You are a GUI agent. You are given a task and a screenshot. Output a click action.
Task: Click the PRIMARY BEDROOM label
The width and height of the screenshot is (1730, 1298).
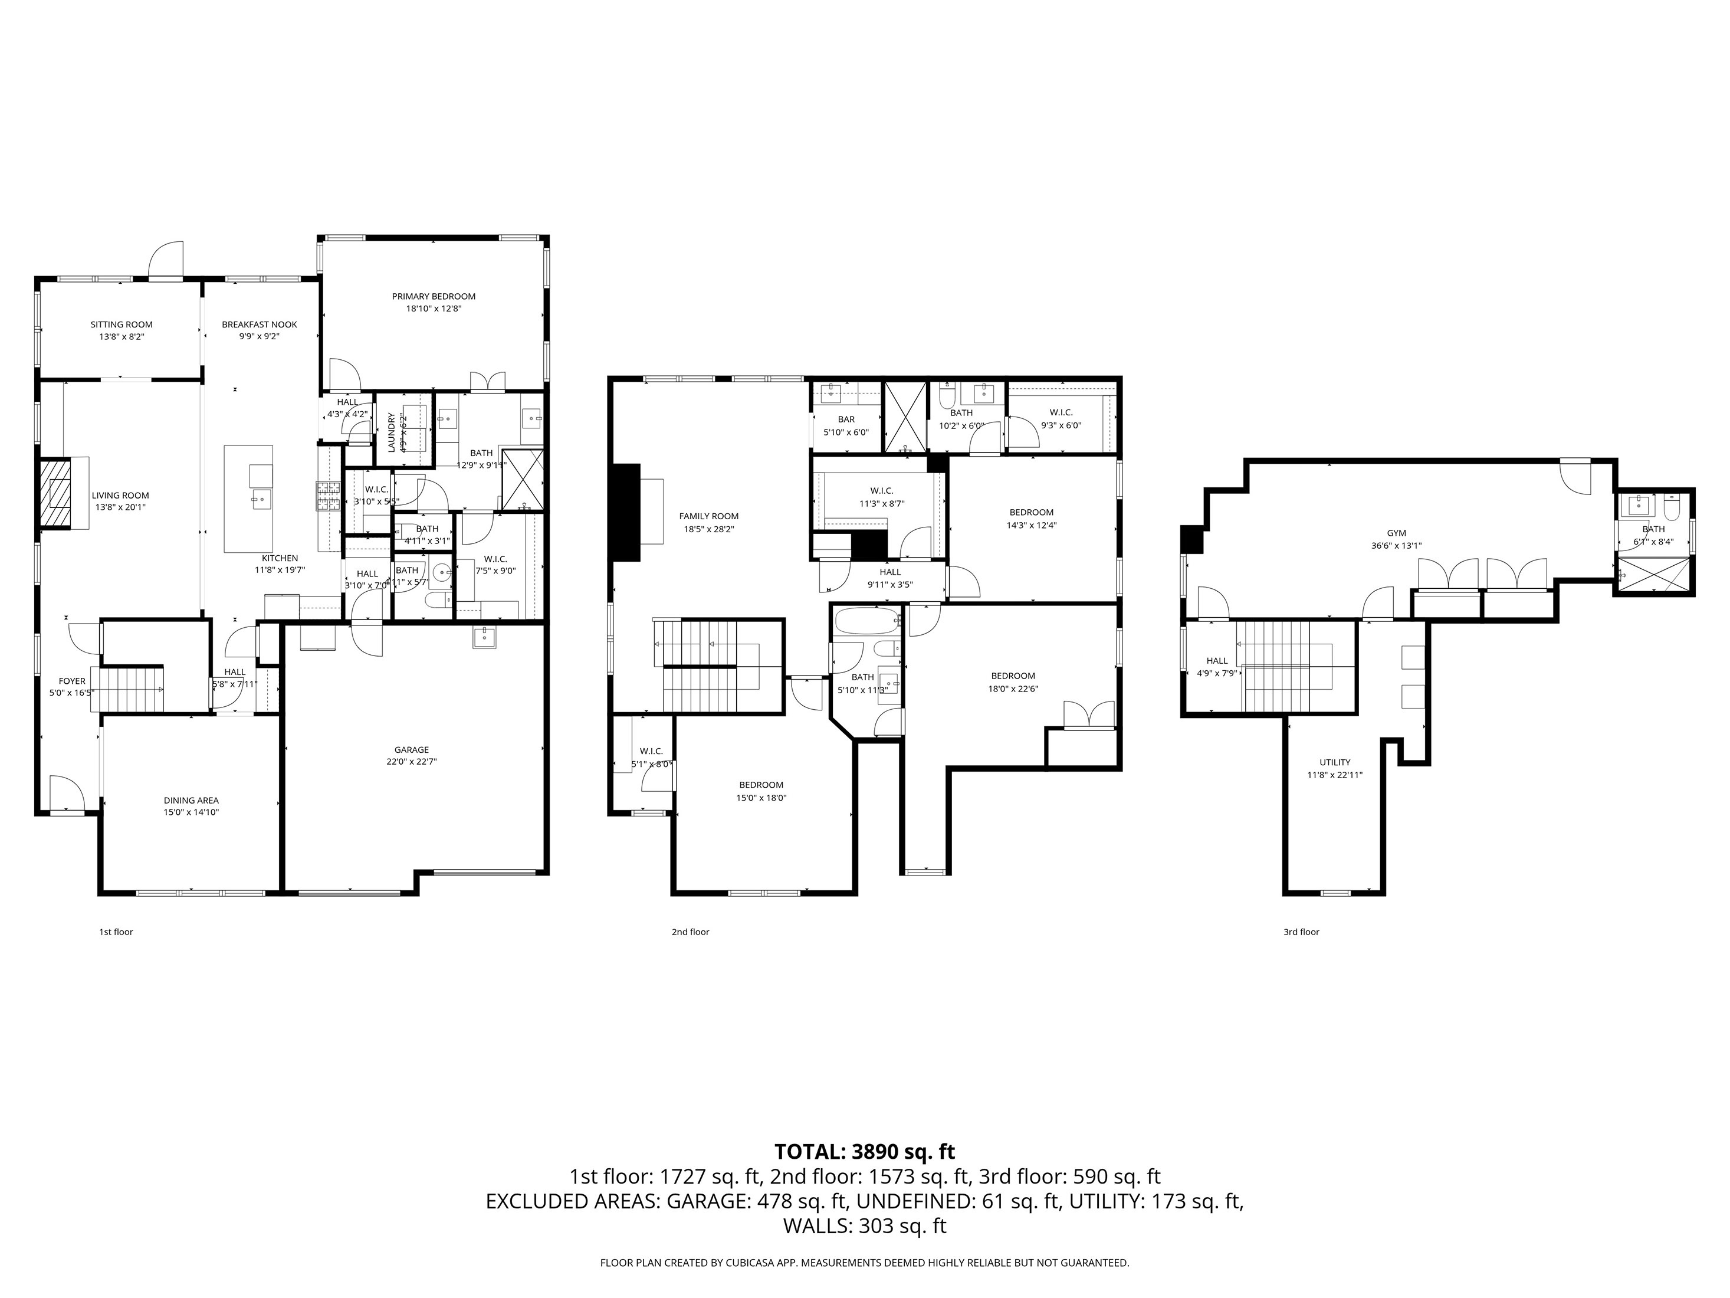click(x=434, y=297)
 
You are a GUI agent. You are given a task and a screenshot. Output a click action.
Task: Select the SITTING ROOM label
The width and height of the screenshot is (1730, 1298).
click(x=122, y=324)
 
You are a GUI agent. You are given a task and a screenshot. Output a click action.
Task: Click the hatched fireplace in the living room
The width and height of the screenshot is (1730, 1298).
click(x=55, y=494)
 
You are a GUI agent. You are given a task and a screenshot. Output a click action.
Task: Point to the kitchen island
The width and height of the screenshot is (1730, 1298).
click(x=249, y=499)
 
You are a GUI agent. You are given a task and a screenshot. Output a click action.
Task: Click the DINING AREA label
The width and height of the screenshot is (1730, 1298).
click(x=191, y=801)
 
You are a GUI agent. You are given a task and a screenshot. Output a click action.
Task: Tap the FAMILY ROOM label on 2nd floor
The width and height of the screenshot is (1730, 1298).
click(x=708, y=516)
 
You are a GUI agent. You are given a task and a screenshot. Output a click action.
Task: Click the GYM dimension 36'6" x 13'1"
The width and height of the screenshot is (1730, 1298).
click(x=1396, y=546)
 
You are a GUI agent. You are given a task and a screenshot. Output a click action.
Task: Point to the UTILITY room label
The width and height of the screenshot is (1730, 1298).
click(x=1334, y=762)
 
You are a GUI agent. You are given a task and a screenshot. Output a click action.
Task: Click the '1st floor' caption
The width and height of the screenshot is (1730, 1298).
click(x=116, y=932)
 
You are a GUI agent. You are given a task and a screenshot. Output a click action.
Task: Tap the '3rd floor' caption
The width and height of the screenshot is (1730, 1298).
click(x=1301, y=932)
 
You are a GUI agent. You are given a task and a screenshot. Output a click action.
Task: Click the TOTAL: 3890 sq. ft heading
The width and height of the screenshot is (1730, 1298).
click(x=864, y=1152)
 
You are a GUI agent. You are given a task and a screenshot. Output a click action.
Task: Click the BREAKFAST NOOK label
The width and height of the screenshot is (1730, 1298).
click(x=259, y=324)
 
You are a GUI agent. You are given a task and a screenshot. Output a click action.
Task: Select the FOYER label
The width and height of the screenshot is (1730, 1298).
click(x=72, y=681)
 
